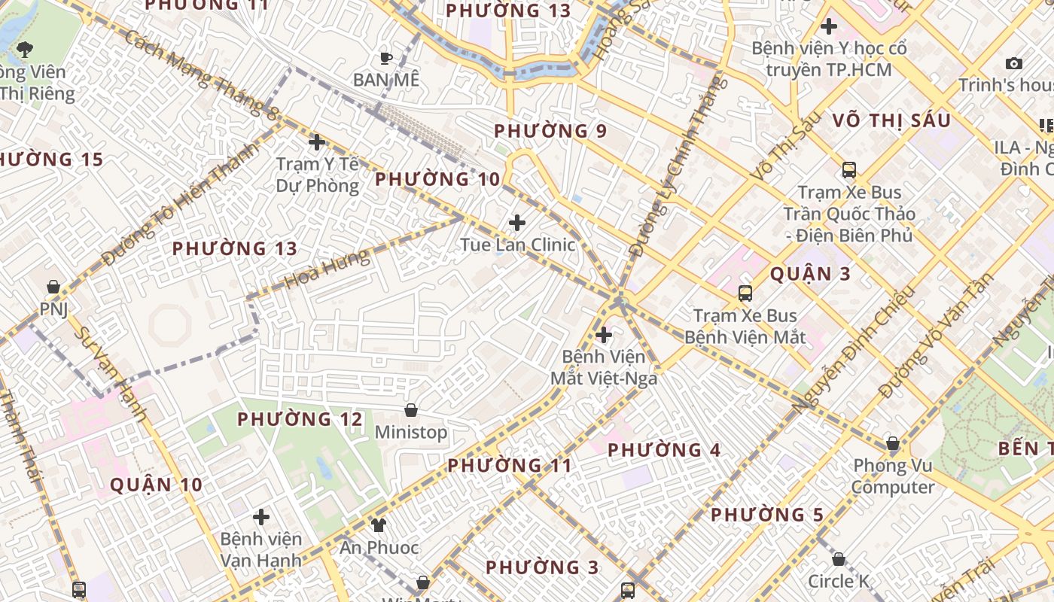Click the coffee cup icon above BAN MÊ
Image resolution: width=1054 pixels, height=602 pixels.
tap(385, 57)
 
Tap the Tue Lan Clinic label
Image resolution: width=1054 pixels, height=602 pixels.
tap(517, 245)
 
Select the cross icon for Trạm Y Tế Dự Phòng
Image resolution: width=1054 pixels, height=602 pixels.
tap(317, 141)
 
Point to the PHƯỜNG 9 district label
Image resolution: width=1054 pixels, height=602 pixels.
tap(550, 131)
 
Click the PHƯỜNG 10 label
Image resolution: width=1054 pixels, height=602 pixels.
tap(437, 179)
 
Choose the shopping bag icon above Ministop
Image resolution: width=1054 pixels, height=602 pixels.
tap(411, 410)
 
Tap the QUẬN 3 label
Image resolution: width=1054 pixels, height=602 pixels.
tap(810, 274)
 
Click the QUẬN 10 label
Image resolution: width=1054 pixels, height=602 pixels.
tap(157, 485)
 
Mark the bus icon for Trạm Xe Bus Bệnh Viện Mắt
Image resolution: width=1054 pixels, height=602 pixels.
tap(745, 293)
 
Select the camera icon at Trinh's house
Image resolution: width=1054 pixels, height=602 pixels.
tap(1014, 64)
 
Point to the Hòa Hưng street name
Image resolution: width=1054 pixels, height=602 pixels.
tap(327, 269)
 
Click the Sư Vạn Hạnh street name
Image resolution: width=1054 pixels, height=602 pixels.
tap(111, 373)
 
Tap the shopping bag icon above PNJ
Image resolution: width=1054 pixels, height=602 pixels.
tap(53, 287)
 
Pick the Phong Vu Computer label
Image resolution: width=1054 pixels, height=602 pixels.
tap(892, 476)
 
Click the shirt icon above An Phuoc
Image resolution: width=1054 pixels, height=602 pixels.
tap(378, 524)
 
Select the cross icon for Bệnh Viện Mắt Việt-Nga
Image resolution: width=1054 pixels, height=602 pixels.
tap(604, 334)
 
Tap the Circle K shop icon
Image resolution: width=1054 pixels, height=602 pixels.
tap(839, 559)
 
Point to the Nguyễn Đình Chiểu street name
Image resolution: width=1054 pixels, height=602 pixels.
tap(854, 347)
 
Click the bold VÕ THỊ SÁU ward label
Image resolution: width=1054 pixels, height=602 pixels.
tap(891, 120)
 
